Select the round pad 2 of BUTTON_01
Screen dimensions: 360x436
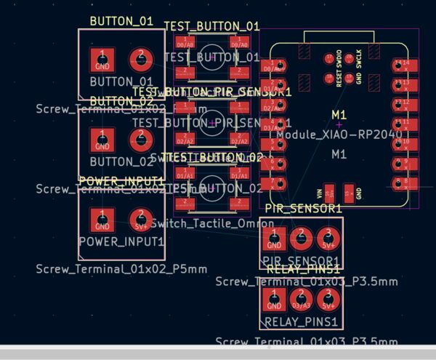tap(140, 59)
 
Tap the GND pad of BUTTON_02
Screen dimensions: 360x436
tap(102, 140)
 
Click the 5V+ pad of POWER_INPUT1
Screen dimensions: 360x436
tap(140, 219)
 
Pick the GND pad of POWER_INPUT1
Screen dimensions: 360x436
tap(102, 219)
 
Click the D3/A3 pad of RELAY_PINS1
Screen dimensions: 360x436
tap(301, 298)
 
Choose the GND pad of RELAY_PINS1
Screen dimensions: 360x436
tap(274, 298)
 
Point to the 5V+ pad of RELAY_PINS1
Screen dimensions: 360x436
tap(328, 298)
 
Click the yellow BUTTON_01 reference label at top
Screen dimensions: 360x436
tap(121, 22)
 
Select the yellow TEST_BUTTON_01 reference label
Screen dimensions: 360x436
tap(211, 26)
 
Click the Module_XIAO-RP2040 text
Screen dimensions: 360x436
tap(339, 135)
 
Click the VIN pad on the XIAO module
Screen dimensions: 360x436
tap(329, 193)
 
